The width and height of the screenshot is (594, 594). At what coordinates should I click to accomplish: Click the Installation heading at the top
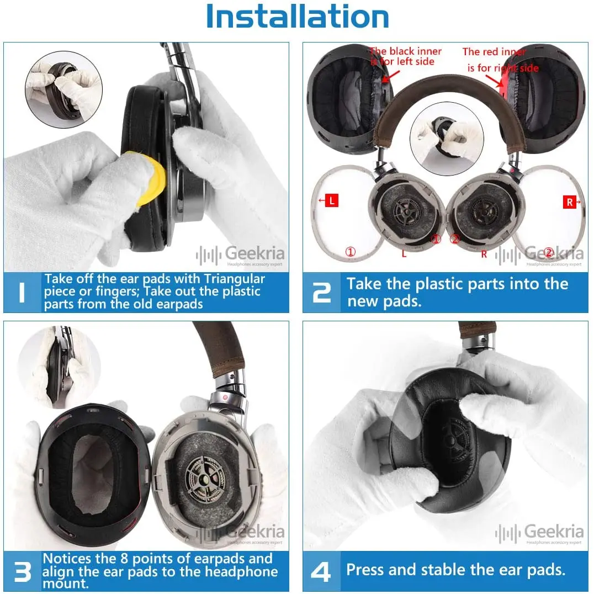tap(297, 18)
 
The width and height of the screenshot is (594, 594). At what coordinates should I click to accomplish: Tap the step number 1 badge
tap(22, 292)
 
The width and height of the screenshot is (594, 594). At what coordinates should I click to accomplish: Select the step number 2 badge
tap(321, 292)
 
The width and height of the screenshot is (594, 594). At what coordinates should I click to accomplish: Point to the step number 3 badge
tap(22, 572)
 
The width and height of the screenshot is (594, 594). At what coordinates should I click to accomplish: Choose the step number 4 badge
tap(321, 570)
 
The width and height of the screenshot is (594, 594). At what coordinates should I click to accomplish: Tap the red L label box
tap(331, 201)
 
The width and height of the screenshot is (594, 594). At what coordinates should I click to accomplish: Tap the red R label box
tap(570, 203)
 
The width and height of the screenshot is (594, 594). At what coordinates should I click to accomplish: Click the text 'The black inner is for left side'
tap(406, 56)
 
